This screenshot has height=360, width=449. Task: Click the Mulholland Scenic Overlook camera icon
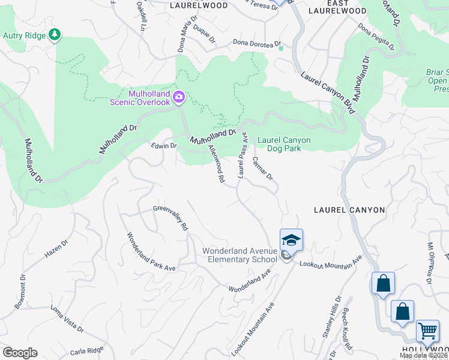[x=179, y=97]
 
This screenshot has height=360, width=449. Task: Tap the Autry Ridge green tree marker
[x=55, y=35]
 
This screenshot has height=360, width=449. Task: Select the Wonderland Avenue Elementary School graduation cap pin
[x=291, y=241]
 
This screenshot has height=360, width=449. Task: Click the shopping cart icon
[x=427, y=331]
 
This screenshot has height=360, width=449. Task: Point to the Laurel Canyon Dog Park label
[x=284, y=144]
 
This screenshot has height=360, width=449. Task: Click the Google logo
[x=20, y=353]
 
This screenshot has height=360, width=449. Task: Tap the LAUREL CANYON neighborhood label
[x=349, y=210]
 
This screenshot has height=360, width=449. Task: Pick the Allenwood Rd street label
[x=216, y=163]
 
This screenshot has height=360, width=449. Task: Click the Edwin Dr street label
[x=164, y=145]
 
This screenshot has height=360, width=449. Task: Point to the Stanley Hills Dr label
[x=331, y=316]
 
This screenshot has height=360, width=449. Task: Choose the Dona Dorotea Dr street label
[x=257, y=43]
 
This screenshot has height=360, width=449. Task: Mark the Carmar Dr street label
[x=262, y=169]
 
